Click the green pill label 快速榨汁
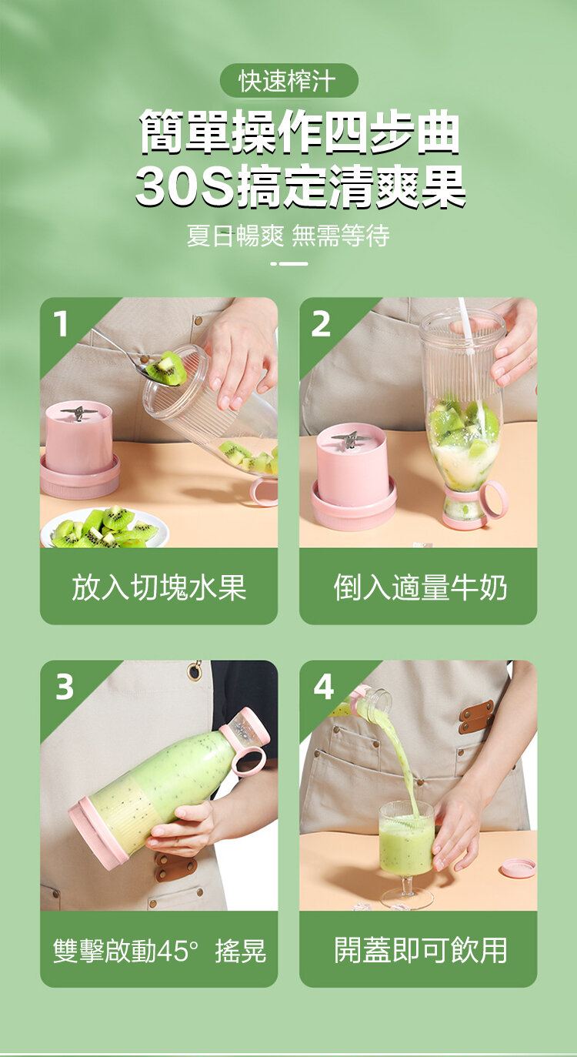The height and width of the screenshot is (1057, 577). pyautogui.click(x=289, y=81)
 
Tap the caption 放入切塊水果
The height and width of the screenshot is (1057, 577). pyautogui.click(x=158, y=587)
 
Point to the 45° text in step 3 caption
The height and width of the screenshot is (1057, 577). pyautogui.click(x=177, y=950)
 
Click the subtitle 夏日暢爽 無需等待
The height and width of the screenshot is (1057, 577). pyautogui.click(x=288, y=236)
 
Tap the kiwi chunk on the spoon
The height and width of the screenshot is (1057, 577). pyautogui.click(x=165, y=367)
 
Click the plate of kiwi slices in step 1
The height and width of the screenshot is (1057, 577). pyautogui.click(x=105, y=527)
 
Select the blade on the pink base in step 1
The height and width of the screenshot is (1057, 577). pyautogui.click(x=78, y=413)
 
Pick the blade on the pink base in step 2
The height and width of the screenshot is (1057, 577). pyautogui.click(x=350, y=438)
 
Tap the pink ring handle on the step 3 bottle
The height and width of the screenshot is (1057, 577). pyautogui.click(x=248, y=761)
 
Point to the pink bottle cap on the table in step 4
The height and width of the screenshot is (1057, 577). pyautogui.click(x=518, y=868)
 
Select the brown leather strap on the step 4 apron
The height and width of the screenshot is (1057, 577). pyautogui.click(x=476, y=717)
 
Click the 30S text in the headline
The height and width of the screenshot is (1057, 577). pyautogui.click(x=185, y=187)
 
